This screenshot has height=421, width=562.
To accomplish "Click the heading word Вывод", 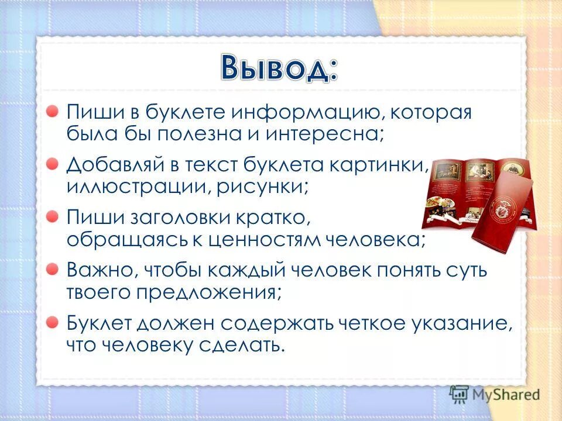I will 280,68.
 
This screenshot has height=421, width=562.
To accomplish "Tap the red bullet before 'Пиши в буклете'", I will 53,111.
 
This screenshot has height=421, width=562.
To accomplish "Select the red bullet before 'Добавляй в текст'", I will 53,164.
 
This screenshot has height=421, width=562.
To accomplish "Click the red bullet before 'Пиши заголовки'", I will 53,217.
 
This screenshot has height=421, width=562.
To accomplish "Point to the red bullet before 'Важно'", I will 53,269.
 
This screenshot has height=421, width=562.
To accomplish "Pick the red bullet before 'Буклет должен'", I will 53,322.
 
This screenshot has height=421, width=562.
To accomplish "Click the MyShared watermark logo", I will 495,394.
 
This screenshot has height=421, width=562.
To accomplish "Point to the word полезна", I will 208,134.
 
